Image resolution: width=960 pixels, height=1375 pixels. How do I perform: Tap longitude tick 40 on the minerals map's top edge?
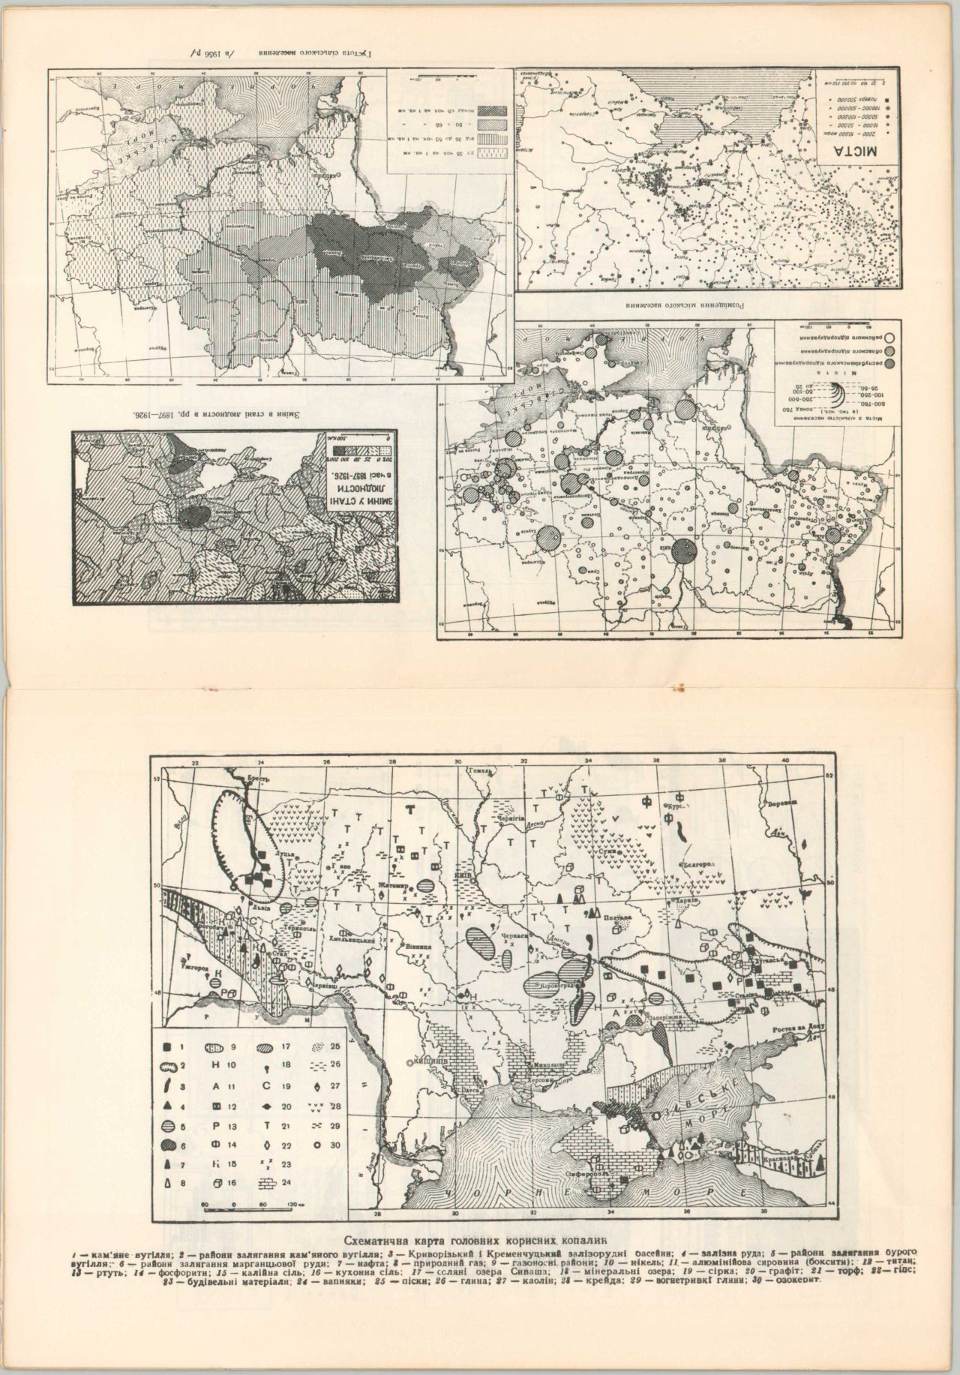point(786,761)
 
